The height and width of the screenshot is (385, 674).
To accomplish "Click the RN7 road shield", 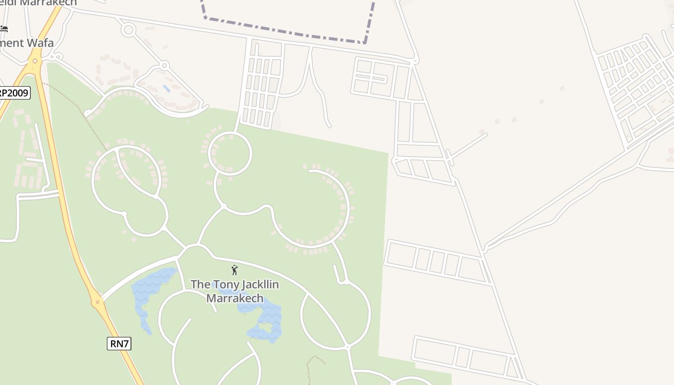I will [119, 343].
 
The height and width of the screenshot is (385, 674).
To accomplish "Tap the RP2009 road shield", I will [14, 92].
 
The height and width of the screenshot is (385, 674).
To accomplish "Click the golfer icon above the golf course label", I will [234, 270].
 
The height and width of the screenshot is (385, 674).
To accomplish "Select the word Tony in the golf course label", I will [224, 284].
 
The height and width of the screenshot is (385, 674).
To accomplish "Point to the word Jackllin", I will [259, 284].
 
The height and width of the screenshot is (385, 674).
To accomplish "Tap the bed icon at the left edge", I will [4, 29].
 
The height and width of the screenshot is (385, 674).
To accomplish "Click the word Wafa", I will [40, 43].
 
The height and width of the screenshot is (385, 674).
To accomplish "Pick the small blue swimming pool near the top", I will [167, 89].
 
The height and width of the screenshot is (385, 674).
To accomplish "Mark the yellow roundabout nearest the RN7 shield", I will [98, 302].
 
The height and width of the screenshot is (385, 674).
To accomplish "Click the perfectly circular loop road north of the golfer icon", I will [230, 154].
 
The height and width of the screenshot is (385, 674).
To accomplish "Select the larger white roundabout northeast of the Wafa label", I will [128, 30].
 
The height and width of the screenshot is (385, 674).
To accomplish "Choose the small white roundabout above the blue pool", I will [164, 65].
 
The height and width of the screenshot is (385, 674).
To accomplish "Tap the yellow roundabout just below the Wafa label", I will [34, 61].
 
